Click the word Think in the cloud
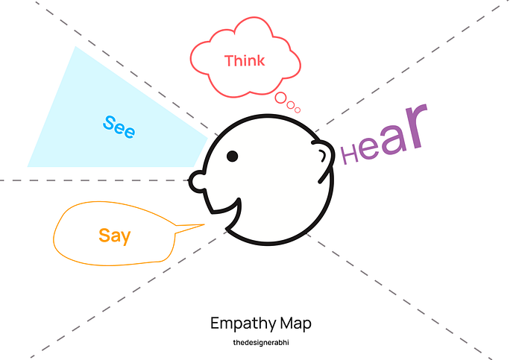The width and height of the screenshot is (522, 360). click(245, 60)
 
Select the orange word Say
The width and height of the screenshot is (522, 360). click(114, 236)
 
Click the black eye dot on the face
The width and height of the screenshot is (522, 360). click(232, 156)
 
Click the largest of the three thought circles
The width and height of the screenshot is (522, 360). click(282, 98)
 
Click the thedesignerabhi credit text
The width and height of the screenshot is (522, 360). click(261, 343)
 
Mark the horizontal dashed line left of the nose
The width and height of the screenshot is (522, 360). click(89, 180)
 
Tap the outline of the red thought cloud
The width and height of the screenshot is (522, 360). click(192, 58)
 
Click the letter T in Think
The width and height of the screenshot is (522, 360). click(229, 60)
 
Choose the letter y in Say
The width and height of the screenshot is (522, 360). click(125, 239)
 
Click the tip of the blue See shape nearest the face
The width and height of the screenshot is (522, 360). click(206, 137)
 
